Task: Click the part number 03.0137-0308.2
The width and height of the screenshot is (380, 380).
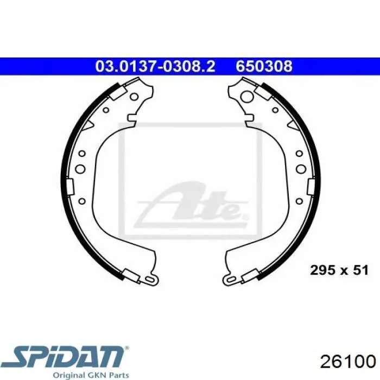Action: point(155,66)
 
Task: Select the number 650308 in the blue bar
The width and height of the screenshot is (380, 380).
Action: point(264,66)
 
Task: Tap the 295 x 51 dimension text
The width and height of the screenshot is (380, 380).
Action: point(339,270)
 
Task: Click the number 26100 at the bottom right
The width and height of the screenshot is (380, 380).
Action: point(348,362)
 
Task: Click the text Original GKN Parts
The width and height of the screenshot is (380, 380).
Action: point(91,376)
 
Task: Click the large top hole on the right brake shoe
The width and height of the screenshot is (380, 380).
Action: point(247,96)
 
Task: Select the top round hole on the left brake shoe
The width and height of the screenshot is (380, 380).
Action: point(134,97)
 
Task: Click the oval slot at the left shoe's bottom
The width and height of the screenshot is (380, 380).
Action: point(150,280)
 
